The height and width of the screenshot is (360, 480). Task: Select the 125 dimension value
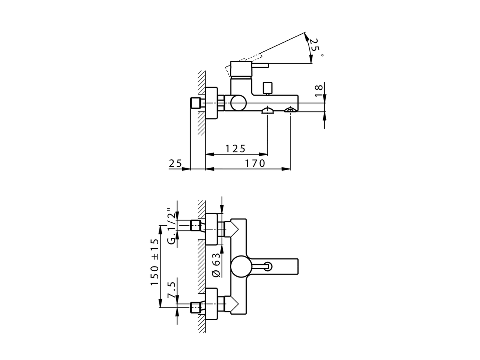(x=235, y=148)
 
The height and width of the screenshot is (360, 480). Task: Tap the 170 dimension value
(x=255, y=163)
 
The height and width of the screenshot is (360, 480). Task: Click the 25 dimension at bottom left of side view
(x=175, y=163)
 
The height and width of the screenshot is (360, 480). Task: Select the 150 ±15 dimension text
(x=155, y=262)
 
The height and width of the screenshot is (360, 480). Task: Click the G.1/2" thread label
(x=171, y=226)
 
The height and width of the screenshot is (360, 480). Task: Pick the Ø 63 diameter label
(x=216, y=265)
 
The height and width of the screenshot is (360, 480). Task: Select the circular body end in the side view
(x=238, y=103)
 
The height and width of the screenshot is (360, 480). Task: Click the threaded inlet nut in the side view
(x=195, y=103)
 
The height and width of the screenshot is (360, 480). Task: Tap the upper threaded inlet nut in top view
(x=195, y=226)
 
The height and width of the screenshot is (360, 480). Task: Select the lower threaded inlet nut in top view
(x=195, y=307)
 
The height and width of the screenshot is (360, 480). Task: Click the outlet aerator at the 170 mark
(x=290, y=110)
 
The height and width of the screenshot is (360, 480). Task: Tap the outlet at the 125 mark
(x=267, y=110)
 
